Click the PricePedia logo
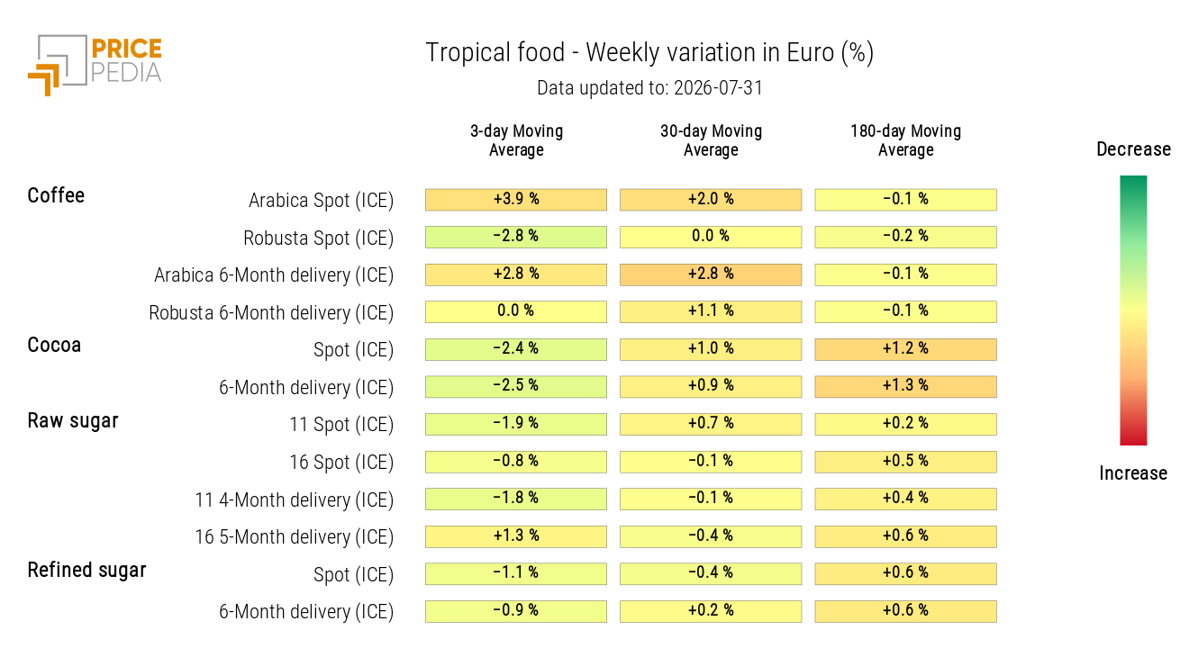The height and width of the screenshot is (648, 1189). pyautogui.click(x=95, y=65)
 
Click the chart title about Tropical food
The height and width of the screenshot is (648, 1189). pyautogui.click(x=649, y=53)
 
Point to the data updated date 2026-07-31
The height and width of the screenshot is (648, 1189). pyautogui.click(x=718, y=88)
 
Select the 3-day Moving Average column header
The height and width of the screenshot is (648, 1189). pyautogui.click(x=516, y=140)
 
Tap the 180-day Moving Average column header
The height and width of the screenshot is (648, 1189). pyautogui.click(x=905, y=140)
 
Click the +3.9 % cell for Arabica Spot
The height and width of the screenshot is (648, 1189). pyautogui.click(x=516, y=200)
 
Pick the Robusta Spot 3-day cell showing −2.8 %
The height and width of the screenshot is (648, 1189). pyautogui.click(x=516, y=237)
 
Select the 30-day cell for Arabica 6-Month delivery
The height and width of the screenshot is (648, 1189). pyautogui.click(x=711, y=274)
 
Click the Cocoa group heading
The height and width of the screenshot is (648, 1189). pyautogui.click(x=54, y=346)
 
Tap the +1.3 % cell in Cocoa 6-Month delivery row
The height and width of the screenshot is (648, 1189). pyautogui.click(x=905, y=387)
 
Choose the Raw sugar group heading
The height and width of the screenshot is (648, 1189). pyautogui.click(x=73, y=421)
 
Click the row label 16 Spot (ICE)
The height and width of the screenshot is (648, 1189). pyautogui.click(x=341, y=463)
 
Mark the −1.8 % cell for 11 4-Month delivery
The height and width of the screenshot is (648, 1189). pyautogui.click(x=516, y=499)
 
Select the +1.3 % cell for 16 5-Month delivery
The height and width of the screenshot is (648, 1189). pyautogui.click(x=516, y=536)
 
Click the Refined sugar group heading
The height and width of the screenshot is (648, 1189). pyautogui.click(x=86, y=571)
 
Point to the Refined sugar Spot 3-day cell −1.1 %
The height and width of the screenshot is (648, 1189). pyautogui.click(x=516, y=574)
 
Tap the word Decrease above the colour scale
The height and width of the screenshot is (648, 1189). pyautogui.click(x=1133, y=149)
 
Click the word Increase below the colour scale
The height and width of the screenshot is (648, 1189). pyautogui.click(x=1133, y=473)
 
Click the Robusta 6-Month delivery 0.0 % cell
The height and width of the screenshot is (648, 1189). pyautogui.click(x=516, y=311)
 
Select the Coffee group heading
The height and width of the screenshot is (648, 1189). pyautogui.click(x=56, y=195)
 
